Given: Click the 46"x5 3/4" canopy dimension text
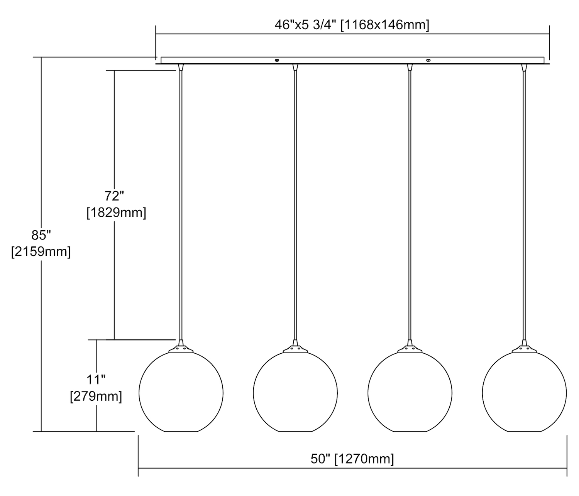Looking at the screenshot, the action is point(305,25).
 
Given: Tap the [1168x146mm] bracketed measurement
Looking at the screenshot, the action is point(384,25).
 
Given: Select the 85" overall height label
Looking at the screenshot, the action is point(41,235).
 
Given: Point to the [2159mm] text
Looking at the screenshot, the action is point(41,251).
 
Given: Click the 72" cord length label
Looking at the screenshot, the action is point(114,196).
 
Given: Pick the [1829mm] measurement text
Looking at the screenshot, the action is point(116,213).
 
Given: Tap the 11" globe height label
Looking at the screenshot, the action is point(96,380).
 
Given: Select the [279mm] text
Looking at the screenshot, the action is point(96,396).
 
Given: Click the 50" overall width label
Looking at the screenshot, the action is point(320,459).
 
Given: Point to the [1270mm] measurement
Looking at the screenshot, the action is point(364,459).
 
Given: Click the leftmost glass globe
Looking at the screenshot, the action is point(181,392).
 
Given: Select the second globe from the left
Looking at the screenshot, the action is point(295,392).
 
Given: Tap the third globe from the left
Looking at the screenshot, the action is point(410,392).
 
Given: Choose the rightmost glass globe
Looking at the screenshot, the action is point(524,392).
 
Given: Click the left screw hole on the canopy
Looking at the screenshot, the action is point(277,60).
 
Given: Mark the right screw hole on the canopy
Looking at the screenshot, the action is point(428,60).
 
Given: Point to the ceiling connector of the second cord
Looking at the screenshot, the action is point(295,67).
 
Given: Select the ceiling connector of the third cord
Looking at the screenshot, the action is point(410,67).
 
